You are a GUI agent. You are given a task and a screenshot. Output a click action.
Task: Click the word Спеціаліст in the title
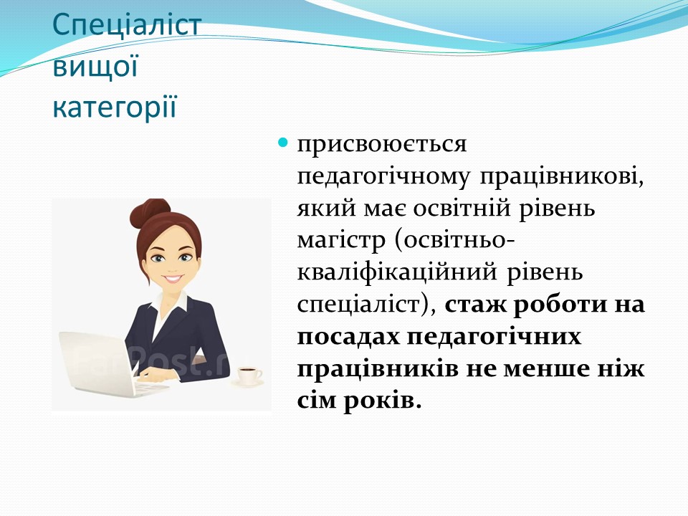pos(127,27)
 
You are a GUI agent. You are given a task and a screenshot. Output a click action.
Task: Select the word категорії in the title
pos(115,107)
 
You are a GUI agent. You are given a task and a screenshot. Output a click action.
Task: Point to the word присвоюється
pos(382,145)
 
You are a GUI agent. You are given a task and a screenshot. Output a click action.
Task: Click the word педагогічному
pos(383,177)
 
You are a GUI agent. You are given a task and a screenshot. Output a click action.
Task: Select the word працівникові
pos(562,177)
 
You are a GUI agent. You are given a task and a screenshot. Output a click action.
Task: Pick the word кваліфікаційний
pos(397,273)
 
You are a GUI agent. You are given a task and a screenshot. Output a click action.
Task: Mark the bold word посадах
pos(348,338)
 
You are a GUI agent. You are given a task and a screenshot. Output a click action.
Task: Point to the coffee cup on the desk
pos(249,376)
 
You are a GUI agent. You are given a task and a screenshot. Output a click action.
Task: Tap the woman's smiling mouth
pos(173,278)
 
